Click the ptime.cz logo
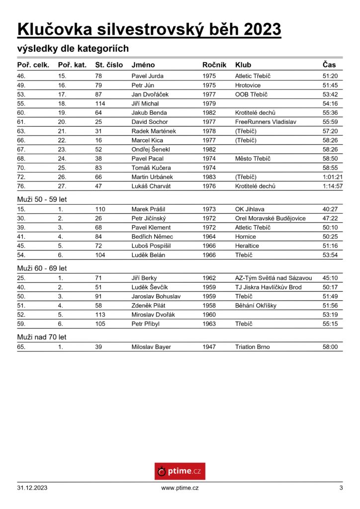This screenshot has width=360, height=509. coord(180,471)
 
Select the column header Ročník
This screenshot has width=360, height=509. coord(214,65)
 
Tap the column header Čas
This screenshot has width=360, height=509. coord(329,65)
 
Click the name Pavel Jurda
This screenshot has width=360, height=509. coord(147,76)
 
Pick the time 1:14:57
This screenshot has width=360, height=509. coord(332,186)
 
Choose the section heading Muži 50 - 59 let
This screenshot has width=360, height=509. coord(42,199)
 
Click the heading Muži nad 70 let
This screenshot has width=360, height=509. coord(42,337)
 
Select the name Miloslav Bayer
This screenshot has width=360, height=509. coord(151,347)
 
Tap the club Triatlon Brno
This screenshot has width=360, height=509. coord(252,347)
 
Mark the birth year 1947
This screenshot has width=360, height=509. coord(209,347)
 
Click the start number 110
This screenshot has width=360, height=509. coord(100,209)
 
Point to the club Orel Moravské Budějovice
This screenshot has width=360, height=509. coord(270,218)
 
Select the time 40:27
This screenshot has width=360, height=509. coord(330,209)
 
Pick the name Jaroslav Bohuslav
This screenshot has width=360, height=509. coord(156,296)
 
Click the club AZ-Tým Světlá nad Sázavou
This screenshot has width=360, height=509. coord(273,278)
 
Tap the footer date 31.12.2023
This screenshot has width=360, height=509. coord(32,488)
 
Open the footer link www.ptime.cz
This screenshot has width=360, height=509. coord(180,488)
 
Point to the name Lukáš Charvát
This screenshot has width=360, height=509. coord(151,186)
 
